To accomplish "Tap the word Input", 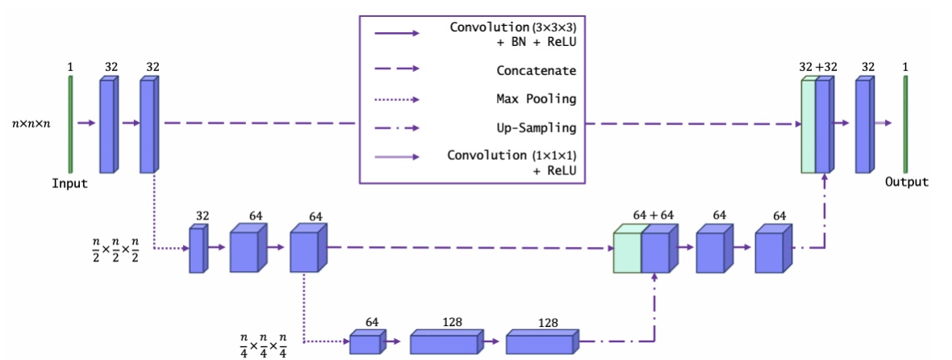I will pos(69,183).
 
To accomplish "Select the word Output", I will pos(906,182).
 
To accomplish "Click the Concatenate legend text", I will pos(536,70).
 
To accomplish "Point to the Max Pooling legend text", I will pos(536,98).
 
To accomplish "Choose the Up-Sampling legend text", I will pos(536,128).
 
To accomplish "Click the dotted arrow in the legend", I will pos(395,99).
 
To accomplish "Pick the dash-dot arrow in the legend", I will pos(395,128).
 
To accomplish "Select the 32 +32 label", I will pos(817,68).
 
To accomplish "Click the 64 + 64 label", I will pos(653,216).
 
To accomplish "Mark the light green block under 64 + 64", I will pos(628,252).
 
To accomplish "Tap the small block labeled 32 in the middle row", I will pos(198,250).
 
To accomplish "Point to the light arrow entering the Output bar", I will pos(884,123).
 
